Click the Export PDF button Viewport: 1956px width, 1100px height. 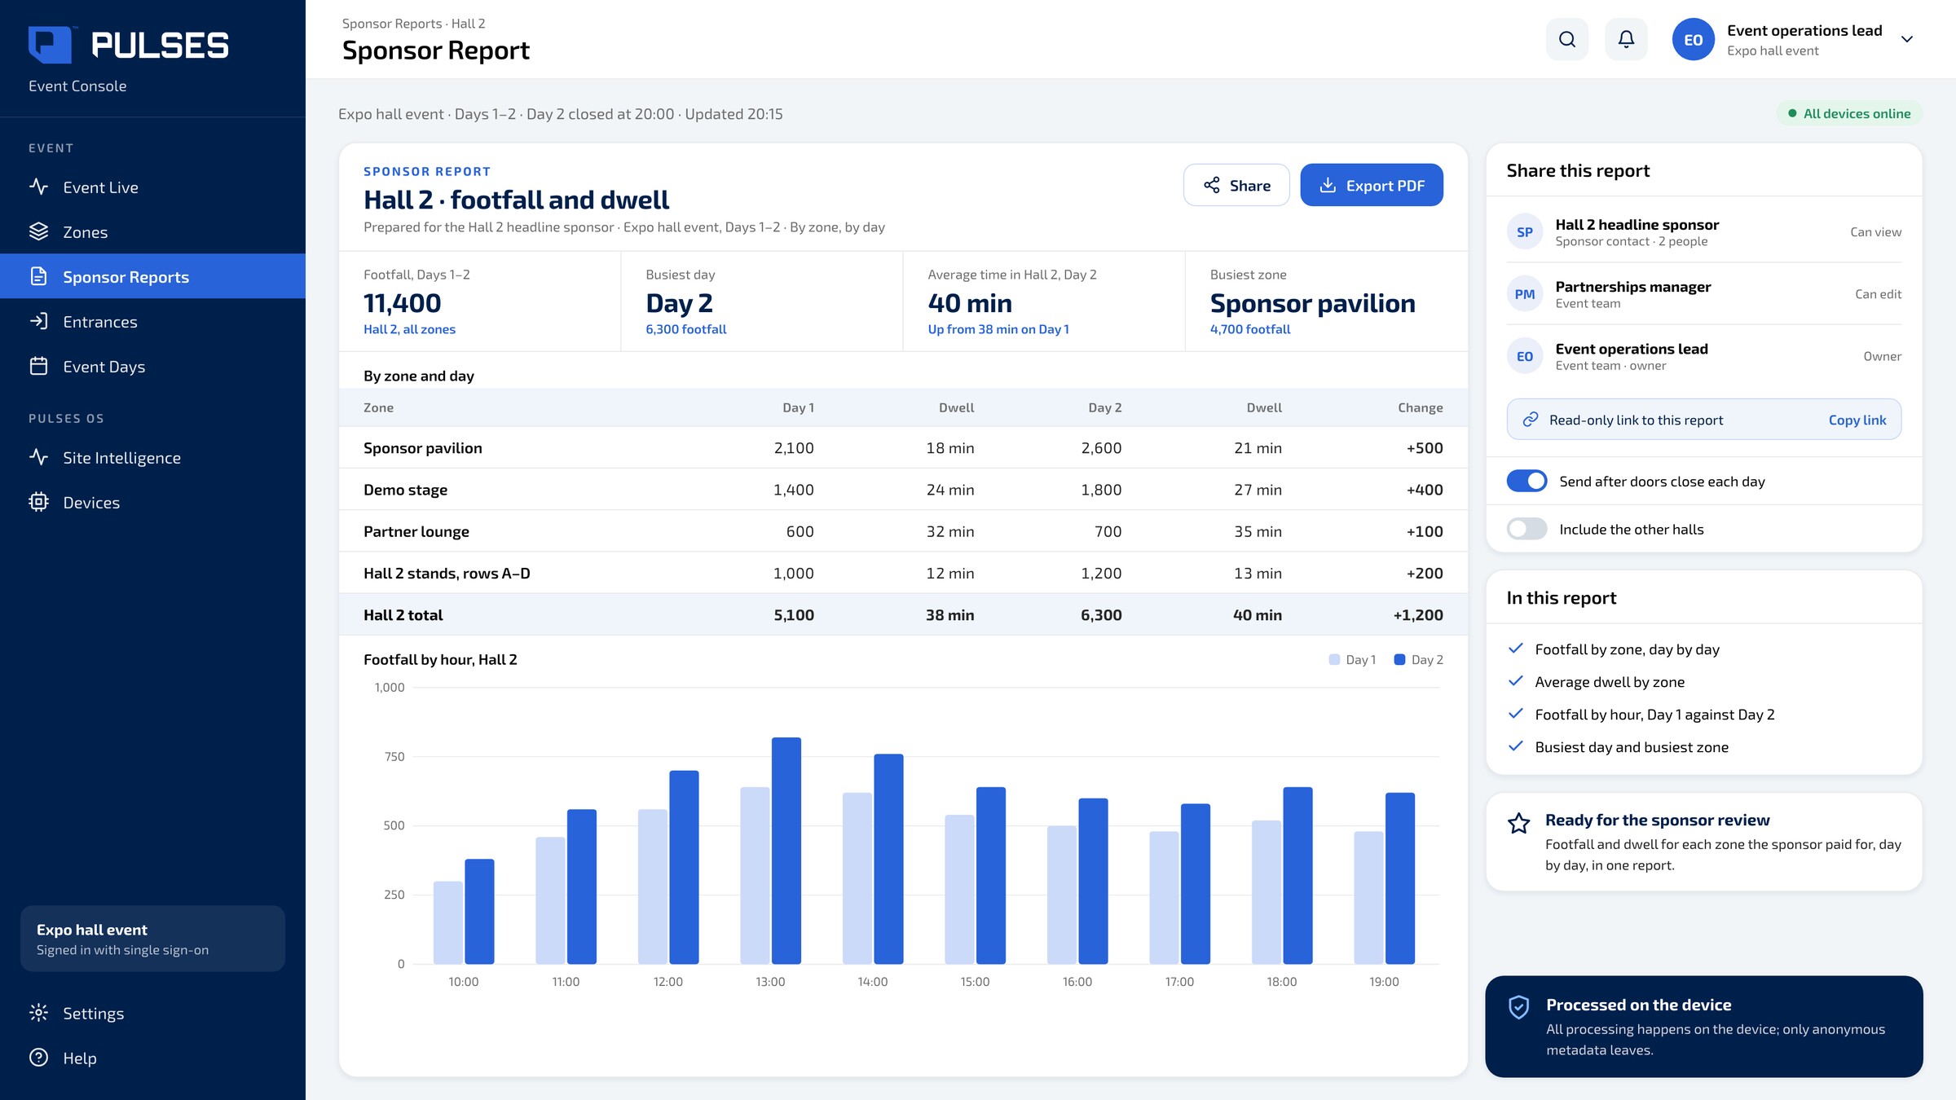tap(1372, 185)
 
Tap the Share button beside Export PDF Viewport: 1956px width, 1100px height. tap(1236, 185)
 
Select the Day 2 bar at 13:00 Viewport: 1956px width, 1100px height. tap(786, 851)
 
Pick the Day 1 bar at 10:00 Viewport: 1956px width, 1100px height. tap(448, 922)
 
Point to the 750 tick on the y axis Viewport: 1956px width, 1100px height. tap(394, 756)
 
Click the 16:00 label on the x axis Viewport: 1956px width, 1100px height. tap(1077, 982)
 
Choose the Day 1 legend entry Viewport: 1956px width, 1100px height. tap(1353, 660)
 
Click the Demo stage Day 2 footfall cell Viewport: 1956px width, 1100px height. tap(1101, 490)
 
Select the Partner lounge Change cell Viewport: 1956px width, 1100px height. tap(1425, 531)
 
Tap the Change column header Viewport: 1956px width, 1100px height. tap(1421, 407)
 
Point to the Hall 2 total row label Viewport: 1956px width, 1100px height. tap(403, 615)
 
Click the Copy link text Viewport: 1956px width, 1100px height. tap(1857, 420)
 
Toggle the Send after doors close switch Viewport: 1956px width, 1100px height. tap(1526, 481)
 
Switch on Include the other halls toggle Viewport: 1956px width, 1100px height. tap(1526, 529)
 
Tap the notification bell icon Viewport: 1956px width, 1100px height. tap(1626, 39)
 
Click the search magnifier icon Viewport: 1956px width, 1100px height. tap(1567, 39)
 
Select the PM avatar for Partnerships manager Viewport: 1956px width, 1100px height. tap(1525, 294)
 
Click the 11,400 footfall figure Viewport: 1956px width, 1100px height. tap(403, 303)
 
